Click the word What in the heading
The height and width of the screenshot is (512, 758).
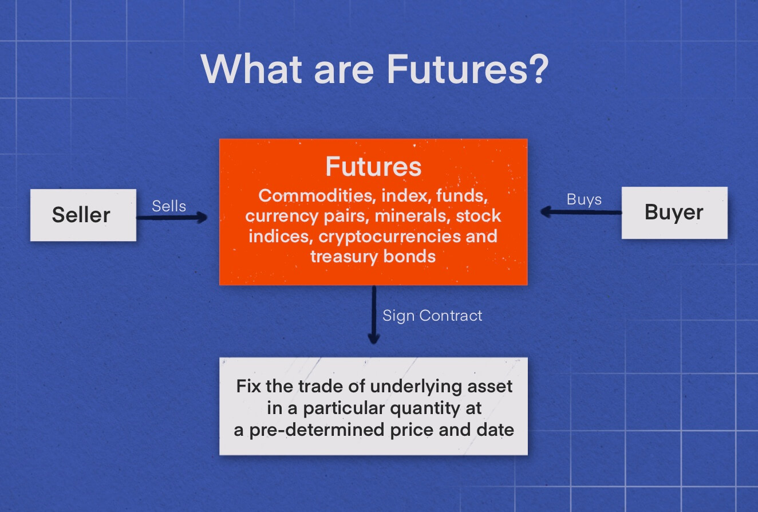click(x=253, y=69)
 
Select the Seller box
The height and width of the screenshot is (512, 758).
click(x=83, y=215)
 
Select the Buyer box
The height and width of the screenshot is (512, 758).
click(x=674, y=212)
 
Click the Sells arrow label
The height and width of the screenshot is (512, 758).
click(x=169, y=206)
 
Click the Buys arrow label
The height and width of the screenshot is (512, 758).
click(x=584, y=199)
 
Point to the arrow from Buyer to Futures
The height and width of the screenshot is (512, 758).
click(x=581, y=212)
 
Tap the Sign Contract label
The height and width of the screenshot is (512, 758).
click(x=432, y=316)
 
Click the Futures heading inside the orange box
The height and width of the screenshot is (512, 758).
click(x=373, y=167)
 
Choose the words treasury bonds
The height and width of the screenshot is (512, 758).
click(x=373, y=256)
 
